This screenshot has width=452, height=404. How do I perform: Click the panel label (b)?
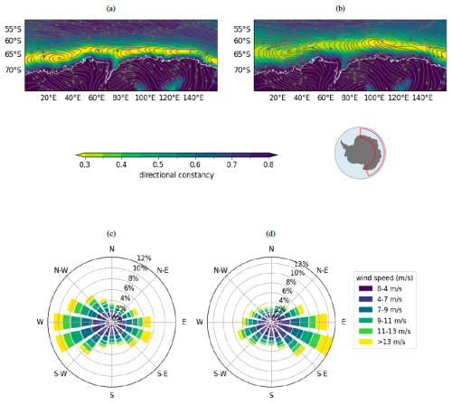click(340, 7)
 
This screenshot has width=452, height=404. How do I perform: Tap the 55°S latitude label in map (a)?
click(12, 29)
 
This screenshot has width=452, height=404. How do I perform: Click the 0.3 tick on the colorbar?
click(82, 165)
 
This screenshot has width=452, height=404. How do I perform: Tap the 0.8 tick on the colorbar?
click(270, 165)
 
